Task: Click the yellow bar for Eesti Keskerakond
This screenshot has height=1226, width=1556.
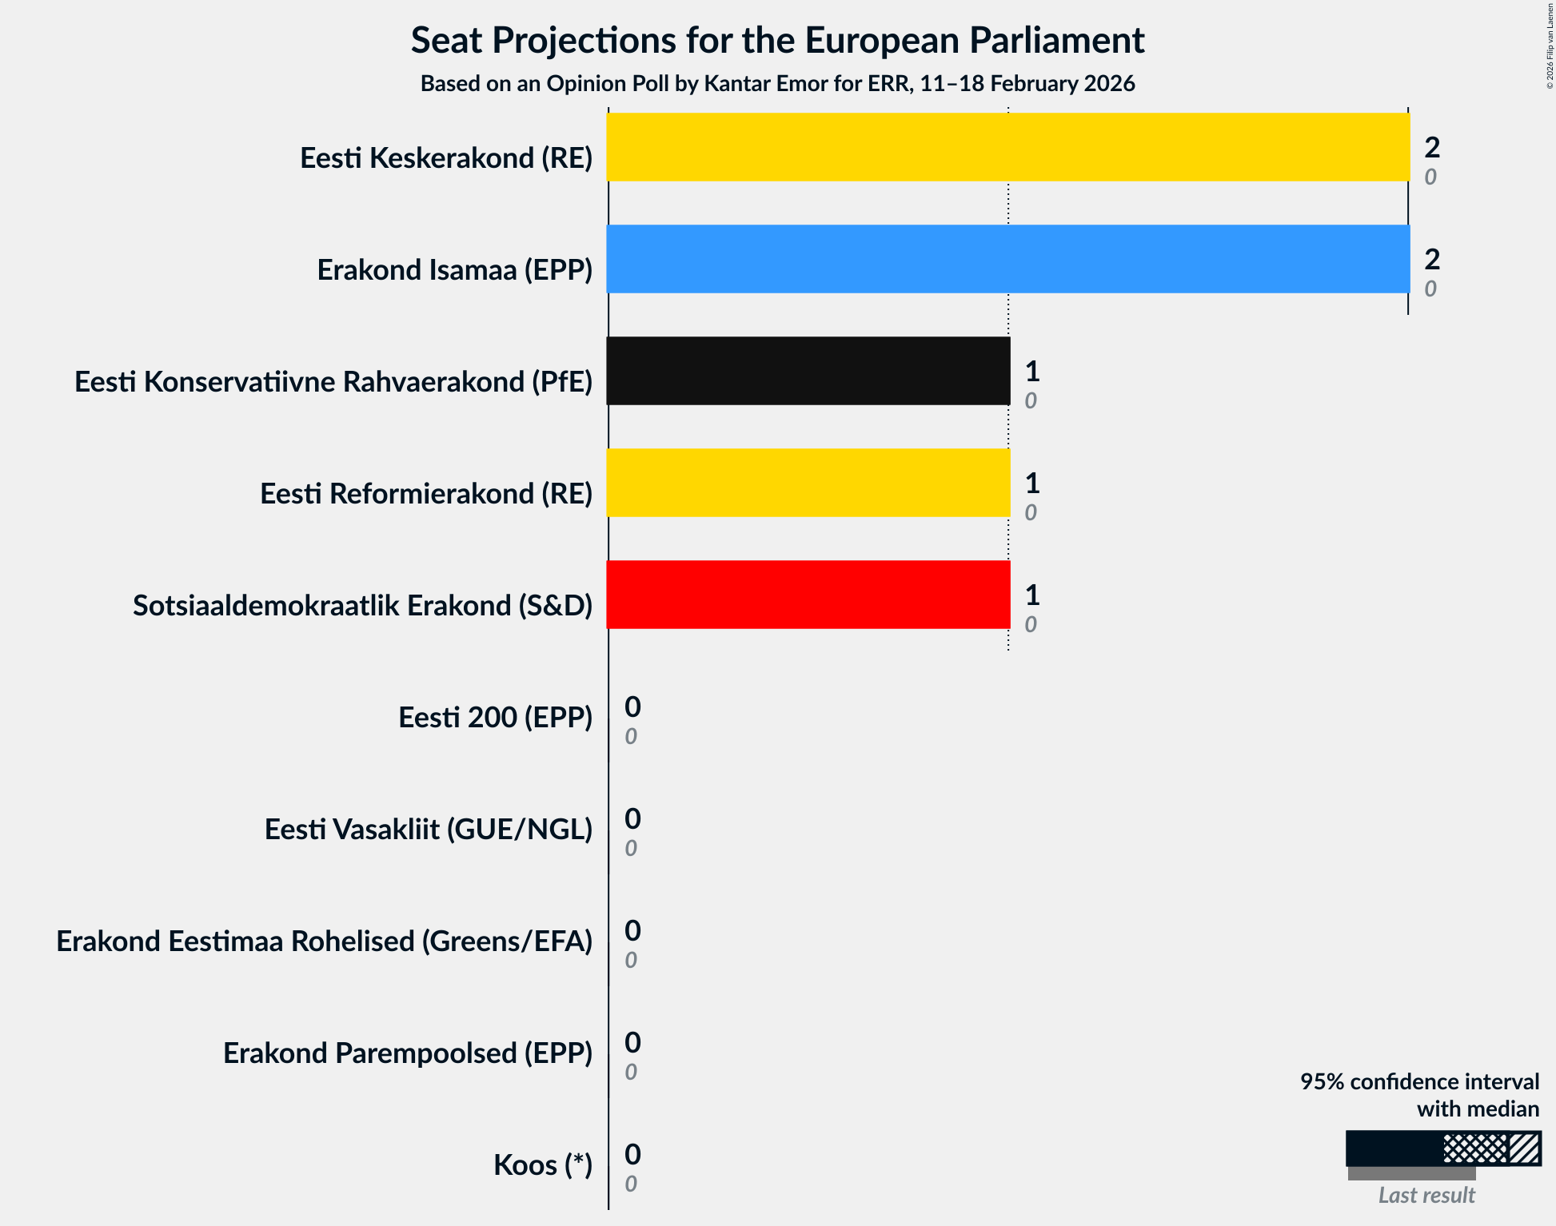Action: (x=1007, y=147)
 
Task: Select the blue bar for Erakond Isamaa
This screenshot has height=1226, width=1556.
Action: (x=1007, y=259)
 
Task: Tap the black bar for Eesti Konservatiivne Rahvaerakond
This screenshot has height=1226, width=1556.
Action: (x=808, y=371)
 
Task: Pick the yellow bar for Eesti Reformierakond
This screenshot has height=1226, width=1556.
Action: (x=808, y=483)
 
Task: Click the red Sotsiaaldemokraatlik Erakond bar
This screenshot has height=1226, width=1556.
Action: (x=808, y=595)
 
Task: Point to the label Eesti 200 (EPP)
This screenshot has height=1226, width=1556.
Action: (x=495, y=718)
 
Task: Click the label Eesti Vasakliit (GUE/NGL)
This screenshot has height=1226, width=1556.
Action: (x=428, y=830)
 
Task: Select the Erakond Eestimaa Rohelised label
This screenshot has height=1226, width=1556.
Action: (x=324, y=941)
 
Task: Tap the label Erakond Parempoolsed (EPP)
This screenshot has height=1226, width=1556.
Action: (x=407, y=1053)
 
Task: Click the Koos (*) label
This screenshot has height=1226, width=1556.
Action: (x=542, y=1165)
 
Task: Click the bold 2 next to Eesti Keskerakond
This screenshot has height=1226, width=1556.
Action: (x=1431, y=147)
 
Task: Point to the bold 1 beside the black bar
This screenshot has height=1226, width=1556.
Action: (x=1031, y=371)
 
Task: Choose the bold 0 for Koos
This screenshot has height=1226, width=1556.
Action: (x=632, y=1154)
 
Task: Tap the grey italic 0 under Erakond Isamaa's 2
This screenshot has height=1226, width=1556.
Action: (x=1430, y=289)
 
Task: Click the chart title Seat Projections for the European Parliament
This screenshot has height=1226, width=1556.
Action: (x=777, y=40)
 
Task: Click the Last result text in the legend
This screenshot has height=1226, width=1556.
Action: (x=1426, y=1196)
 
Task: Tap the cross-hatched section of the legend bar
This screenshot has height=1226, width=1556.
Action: (x=1474, y=1148)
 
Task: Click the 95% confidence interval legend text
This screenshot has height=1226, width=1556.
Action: (x=1418, y=1082)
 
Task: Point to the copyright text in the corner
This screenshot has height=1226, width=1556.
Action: (x=1550, y=45)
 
